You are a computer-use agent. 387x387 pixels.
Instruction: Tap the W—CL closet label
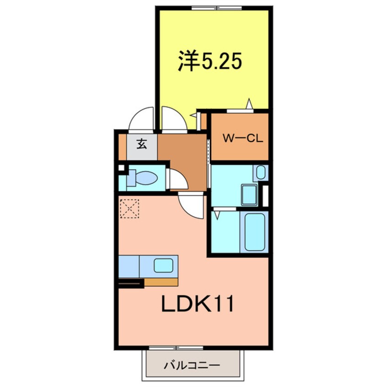coord(242,139)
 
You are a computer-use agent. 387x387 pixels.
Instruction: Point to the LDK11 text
coord(198,304)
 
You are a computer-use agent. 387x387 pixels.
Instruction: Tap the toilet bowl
coord(143,178)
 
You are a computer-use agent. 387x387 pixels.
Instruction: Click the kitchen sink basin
coord(163,265)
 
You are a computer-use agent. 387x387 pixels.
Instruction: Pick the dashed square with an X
coord(129,208)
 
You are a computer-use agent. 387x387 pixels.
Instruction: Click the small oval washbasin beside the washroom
coord(260,172)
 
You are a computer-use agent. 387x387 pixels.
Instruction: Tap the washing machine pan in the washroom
coord(249,195)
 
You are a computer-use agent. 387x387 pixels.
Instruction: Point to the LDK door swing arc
coord(191,205)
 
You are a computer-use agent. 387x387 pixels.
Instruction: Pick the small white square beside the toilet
coord(121,168)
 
